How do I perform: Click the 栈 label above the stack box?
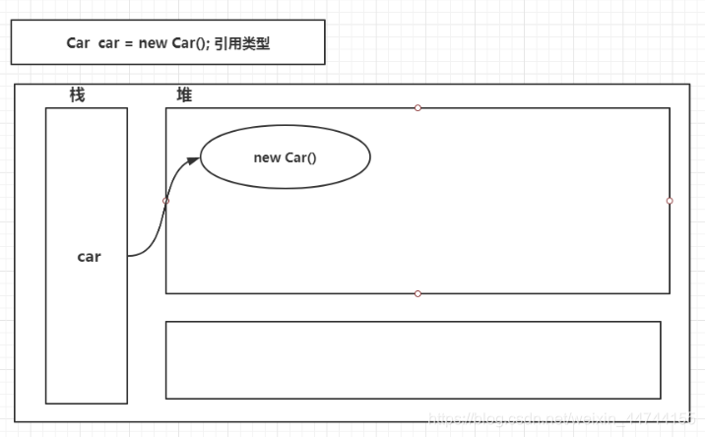pos(77,94)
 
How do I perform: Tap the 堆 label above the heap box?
pos(184,94)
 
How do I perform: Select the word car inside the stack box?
pos(89,257)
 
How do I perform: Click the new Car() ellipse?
pos(285,157)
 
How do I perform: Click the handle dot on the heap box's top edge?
pos(417,107)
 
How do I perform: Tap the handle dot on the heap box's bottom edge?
pos(417,293)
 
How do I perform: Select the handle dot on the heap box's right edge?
pos(670,201)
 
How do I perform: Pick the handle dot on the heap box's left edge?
pos(165,201)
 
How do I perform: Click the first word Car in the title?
pos(78,42)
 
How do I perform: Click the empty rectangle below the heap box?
pos(413,359)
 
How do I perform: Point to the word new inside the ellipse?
pos(267,157)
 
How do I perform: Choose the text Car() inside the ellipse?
pos(301,157)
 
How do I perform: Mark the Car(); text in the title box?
pos(193,42)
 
